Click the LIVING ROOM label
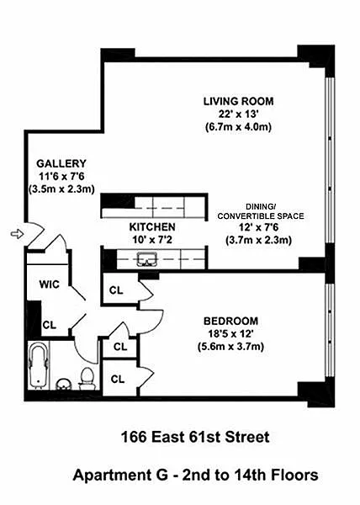(238, 101)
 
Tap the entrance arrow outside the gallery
(17, 233)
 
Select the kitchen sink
(146, 259)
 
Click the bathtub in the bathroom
(39, 366)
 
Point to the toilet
(87, 379)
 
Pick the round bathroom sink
(64, 384)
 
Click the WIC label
(50, 284)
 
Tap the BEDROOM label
(230, 321)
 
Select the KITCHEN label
(152, 226)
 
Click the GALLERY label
(61, 163)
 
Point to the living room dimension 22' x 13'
(238, 114)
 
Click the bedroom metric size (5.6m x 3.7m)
(230, 347)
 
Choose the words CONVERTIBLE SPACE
(261, 215)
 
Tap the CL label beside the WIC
(50, 325)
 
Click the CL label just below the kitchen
(116, 290)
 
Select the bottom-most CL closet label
(118, 379)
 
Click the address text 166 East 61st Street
(195, 437)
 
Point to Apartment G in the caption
(120, 475)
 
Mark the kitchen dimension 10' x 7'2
(152, 240)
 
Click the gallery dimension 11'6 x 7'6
(61, 176)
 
